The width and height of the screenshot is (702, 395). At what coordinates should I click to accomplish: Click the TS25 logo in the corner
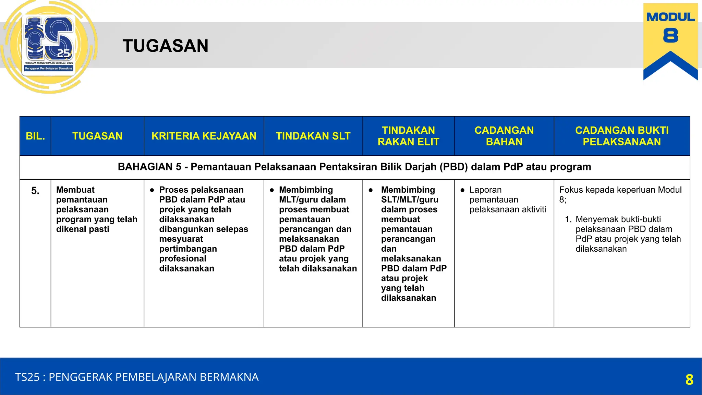pyautogui.click(x=49, y=45)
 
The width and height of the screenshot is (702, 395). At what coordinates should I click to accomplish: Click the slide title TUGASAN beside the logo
pyautogui.click(x=165, y=46)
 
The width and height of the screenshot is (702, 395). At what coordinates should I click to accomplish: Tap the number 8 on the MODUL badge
pyautogui.click(x=670, y=36)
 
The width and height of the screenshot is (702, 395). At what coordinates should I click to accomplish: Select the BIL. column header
pyautogui.click(x=35, y=136)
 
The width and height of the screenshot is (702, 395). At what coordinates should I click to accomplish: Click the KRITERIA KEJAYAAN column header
pyautogui.click(x=204, y=136)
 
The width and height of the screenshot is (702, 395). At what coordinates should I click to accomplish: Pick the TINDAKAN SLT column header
pyautogui.click(x=313, y=136)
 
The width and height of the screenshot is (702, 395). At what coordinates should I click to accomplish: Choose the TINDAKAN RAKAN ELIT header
pyautogui.click(x=408, y=136)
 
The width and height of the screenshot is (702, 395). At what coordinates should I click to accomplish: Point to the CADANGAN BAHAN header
pyautogui.click(x=504, y=136)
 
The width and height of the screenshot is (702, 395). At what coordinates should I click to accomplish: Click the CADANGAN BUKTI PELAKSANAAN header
pyautogui.click(x=621, y=136)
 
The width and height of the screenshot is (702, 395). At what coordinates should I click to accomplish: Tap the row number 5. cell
pyautogui.click(x=35, y=191)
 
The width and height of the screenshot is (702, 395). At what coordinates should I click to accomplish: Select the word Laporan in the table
pyautogui.click(x=485, y=190)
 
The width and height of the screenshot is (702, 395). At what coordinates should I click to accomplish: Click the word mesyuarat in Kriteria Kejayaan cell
pyautogui.click(x=181, y=239)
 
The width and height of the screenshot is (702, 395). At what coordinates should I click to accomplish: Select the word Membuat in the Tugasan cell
pyautogui.click(x=75, y=190)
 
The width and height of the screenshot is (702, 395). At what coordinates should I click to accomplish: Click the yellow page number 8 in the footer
pyautogui.click(x=689, y=380)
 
